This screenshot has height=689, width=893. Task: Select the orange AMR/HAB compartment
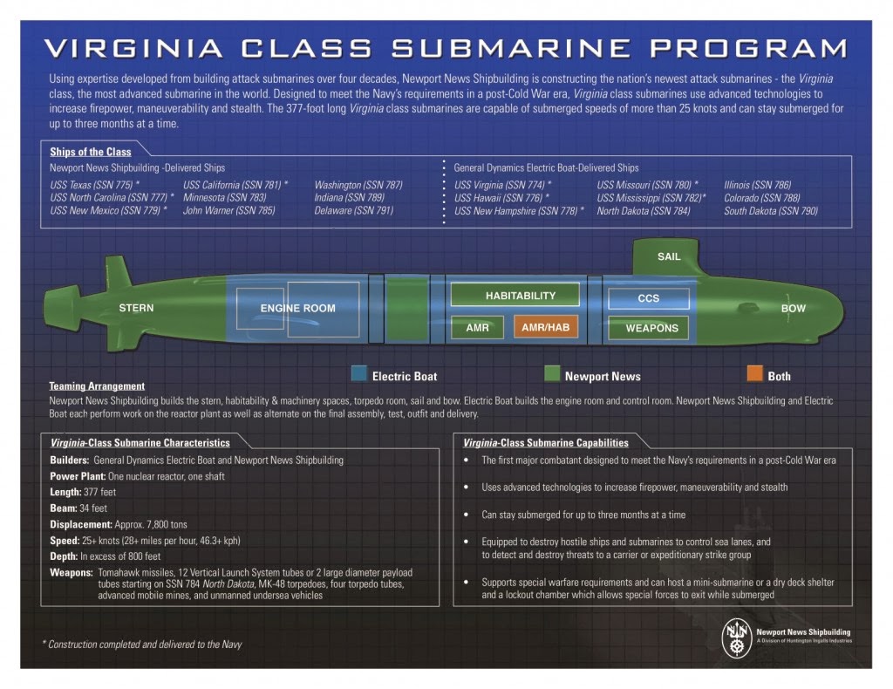coord(546,328)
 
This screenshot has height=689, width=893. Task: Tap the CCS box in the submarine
coord(648,298)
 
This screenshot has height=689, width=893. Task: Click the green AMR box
coord(477,328)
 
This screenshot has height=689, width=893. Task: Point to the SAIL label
coord(669,256)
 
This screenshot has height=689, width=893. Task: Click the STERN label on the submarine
coord(136,308)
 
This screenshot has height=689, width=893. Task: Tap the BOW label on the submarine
coord(793,309)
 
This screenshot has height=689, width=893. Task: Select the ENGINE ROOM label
coord(297,308)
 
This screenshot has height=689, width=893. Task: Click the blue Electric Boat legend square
coord(358,375)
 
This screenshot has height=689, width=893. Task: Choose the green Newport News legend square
coord(551,375)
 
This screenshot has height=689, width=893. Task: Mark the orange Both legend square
coord(754,375)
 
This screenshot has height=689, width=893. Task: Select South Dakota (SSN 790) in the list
coord(770,211)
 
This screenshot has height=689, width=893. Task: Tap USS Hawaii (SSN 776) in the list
coord(501,198)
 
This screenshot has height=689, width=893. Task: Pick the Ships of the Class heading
coord(91,152)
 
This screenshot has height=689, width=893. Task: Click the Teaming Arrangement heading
coord(97,386)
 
